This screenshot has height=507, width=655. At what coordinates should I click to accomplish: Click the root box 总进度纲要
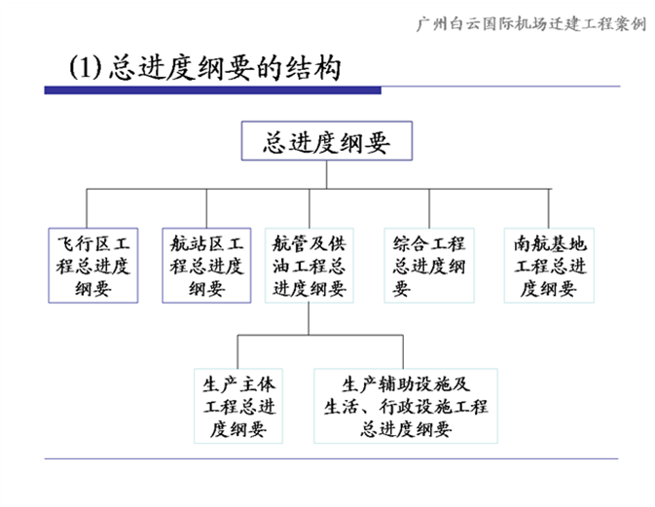[327, 141]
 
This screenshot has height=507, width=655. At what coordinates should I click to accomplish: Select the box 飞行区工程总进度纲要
[93, 266]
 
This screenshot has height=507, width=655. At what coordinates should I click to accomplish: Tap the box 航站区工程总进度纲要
[206, 266]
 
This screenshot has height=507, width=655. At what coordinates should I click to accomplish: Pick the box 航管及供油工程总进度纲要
[309, 266]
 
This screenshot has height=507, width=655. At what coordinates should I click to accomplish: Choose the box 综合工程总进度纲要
[429, 266]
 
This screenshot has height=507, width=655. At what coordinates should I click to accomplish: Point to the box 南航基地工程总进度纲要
[549, 266]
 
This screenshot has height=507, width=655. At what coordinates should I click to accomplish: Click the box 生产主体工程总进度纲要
[238, 406]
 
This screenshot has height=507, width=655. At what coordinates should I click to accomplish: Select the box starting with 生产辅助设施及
[406, 406]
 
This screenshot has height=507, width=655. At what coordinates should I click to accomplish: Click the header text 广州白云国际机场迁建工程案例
[531, 23]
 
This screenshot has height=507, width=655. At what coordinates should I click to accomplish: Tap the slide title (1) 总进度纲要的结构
[204, 67]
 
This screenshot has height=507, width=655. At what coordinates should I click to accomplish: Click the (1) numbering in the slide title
[86, 67]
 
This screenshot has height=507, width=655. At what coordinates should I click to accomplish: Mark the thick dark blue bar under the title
[212, 91]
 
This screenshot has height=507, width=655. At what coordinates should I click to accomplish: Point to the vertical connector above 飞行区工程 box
[87, 208]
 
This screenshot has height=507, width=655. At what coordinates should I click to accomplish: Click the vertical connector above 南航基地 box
[549, 208]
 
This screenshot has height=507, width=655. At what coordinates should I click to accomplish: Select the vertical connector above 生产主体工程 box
[237, 351]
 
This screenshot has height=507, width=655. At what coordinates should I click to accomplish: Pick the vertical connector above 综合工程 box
[429, 208]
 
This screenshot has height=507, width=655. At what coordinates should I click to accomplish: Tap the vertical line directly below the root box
[327, 174]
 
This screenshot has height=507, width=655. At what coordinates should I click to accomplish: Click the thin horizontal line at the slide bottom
[331, 458]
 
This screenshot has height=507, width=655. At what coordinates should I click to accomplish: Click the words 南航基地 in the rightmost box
[550, 243]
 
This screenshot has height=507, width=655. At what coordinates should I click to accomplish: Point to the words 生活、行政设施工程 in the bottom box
[406, 407]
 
